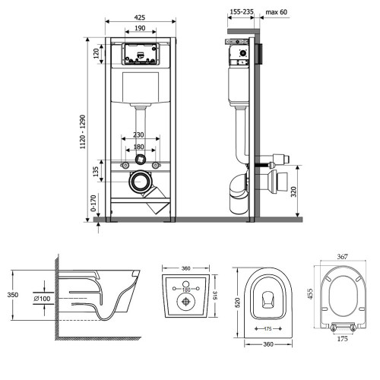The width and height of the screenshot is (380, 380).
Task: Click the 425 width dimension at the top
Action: (x=140, y=17)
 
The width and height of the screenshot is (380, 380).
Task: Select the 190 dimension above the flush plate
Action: (x=140, y=28)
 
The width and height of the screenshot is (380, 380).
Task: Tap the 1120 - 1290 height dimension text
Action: (x=83, y=131)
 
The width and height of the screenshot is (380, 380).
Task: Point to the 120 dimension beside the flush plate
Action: (x=97, y=54)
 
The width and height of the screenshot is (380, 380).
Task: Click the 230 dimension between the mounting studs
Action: (x=138, y=135)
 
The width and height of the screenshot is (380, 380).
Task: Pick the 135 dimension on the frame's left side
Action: (x=96, y=172)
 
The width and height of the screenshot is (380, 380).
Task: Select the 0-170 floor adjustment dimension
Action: (x=93, y=203)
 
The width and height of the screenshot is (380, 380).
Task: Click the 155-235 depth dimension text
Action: (x=242, y=11)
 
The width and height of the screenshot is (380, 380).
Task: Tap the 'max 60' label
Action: (x=277, y=12)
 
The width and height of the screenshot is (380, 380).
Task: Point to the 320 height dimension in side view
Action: (x=293, y=192)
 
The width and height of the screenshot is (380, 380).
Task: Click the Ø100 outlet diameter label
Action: (x=42, y=299)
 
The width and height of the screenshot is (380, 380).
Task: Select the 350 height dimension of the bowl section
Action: (x=13, y=295)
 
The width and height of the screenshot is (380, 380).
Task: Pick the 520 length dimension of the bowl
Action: (x=238, y=302)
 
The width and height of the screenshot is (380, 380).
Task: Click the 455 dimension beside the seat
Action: (x=310, y=294)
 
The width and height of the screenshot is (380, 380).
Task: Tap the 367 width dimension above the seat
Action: (x=342, y=257)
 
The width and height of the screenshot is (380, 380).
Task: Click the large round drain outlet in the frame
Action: (x=139, y=182)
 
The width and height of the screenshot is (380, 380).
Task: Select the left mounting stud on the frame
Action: (x=125, y=166)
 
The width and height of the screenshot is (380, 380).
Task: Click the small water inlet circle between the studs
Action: (x=140, y=160)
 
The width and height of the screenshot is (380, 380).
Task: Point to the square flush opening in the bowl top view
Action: (x=268, y=300)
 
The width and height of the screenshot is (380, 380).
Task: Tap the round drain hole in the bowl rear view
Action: (x=186, y=302)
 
